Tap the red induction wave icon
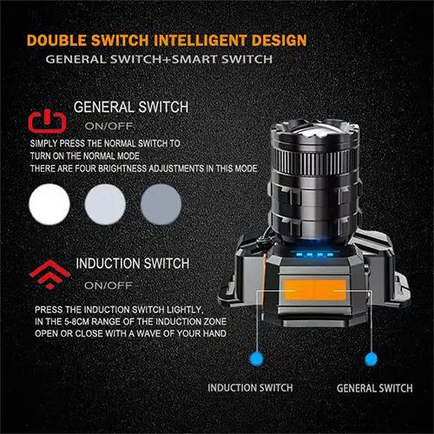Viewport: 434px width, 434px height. point(50,274)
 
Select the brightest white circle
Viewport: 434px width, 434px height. point(49,204)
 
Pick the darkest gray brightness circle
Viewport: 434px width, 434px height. point(161,204)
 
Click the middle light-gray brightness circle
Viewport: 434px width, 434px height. point(105,204)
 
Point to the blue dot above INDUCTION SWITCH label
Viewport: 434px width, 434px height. point(257,358)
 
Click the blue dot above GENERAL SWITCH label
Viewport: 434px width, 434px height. point(371,359)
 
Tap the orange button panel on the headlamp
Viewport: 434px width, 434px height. point(315,290)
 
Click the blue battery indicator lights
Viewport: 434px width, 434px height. point(314,255)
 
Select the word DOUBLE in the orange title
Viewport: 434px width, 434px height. point(56,40)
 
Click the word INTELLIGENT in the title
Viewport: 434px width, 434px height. point(201,40)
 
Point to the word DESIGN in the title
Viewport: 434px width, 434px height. point(279,40)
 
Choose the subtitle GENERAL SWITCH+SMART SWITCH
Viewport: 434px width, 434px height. point(159,59)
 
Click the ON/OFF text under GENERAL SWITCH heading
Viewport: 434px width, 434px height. point(108,126)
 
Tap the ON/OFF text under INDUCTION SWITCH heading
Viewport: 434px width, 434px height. point(108,286)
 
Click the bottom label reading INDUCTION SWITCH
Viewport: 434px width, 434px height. point(250,388)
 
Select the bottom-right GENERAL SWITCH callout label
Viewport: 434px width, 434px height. point(375,388)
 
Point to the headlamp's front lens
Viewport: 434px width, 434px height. point(315,128)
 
